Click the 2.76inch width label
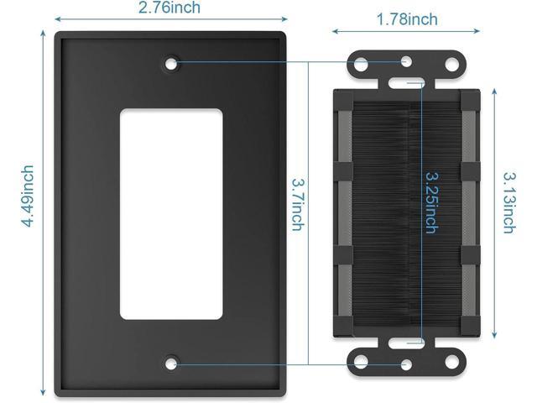[169, 8]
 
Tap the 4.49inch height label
[28, 196]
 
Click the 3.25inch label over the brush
[430, 202]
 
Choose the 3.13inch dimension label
[509, 202]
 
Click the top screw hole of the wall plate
[171, 62]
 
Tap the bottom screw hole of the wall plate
[171, 364]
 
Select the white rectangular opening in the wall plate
[170, 213]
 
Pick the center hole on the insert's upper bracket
[407, 61]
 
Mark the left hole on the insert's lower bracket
[361, 362]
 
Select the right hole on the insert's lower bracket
[453, 362]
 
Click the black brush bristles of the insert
[386, 210]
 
